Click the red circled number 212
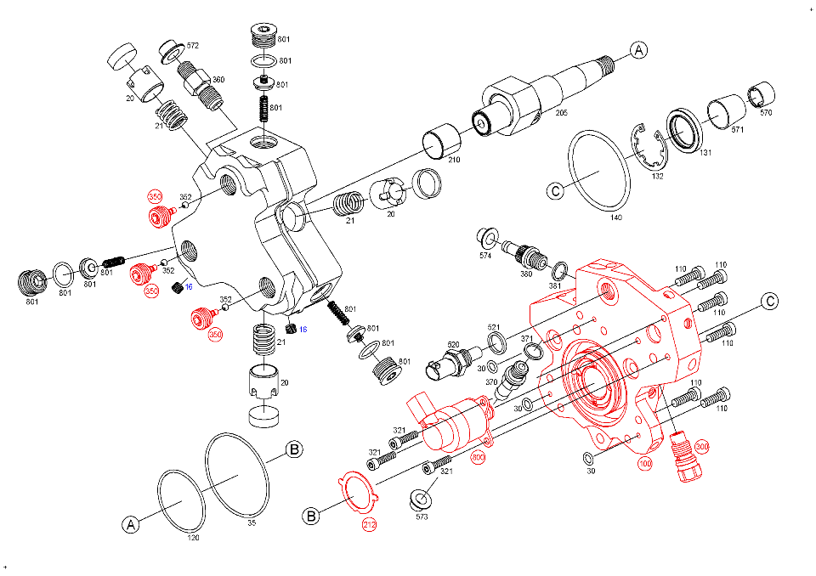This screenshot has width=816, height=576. [369, 524]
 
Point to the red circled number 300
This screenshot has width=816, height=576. [701, 446]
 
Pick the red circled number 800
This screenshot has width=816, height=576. [478, 457]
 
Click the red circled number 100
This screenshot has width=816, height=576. [645, 464]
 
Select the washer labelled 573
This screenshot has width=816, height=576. [421, 500]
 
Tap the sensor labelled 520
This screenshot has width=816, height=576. [449, 364]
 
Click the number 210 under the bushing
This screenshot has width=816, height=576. [454, 160]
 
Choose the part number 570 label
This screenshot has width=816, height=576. [766, 112]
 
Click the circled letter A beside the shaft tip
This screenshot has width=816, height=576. [638, 50]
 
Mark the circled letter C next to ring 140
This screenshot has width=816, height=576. [556, 191]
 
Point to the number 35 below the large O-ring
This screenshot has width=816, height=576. [252, 523]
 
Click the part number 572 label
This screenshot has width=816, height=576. [193, 46]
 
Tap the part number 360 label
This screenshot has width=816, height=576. [218, 80]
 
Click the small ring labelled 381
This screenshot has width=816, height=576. [560, 270]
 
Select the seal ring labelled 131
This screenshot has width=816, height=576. [685, 130]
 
